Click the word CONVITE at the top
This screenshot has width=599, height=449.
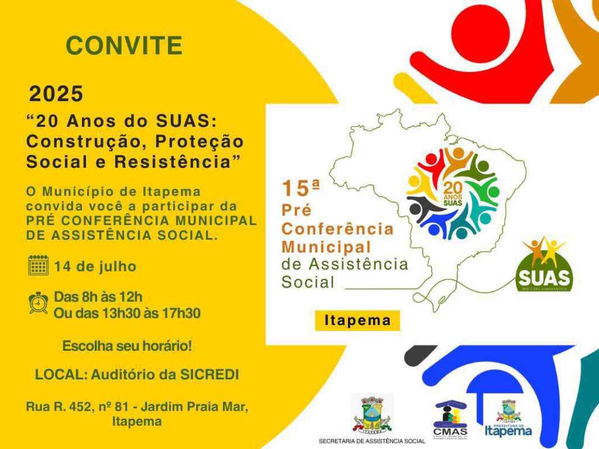pos(124,45)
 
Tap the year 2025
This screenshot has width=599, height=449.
pos(56,94)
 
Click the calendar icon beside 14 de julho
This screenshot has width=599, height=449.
pos(38,265)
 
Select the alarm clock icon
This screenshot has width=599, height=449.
pos(38,303)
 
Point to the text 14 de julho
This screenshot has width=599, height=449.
pos(95,265)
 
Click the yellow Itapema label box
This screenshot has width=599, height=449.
pos(357,320)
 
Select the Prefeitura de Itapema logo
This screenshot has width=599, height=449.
pos(508,418)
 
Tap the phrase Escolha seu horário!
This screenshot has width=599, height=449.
pos(127,346)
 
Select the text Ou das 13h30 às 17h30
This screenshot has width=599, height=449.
pos(127,313)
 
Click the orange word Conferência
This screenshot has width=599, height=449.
pos(337,229)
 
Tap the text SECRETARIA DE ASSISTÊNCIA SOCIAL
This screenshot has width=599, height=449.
pos(372,441)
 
